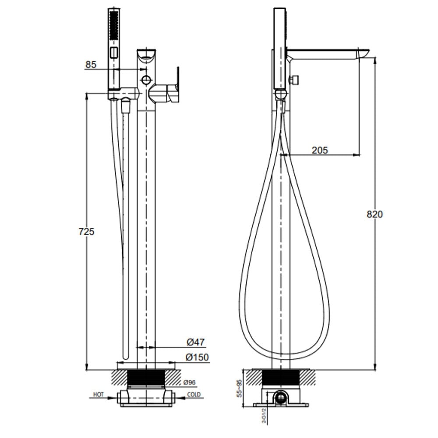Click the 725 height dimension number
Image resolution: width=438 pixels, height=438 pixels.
[x=86, y=232]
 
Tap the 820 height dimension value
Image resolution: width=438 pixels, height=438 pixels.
[x=374, y=214]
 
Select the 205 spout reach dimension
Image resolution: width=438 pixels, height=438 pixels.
[x=320, y=150]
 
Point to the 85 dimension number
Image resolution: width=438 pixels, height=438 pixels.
[x=91, y=64]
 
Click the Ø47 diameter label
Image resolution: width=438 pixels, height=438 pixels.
[x=195, y=342]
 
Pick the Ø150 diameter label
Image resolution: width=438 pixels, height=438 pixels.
[x=198, y=357]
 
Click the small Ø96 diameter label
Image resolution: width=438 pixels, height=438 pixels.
[x=190, y=382]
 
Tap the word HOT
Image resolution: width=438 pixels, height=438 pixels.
[x=98, y=395]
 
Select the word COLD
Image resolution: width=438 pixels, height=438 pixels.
[x=194, y=395]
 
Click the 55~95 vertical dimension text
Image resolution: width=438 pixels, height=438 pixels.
[x=239, y=388]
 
